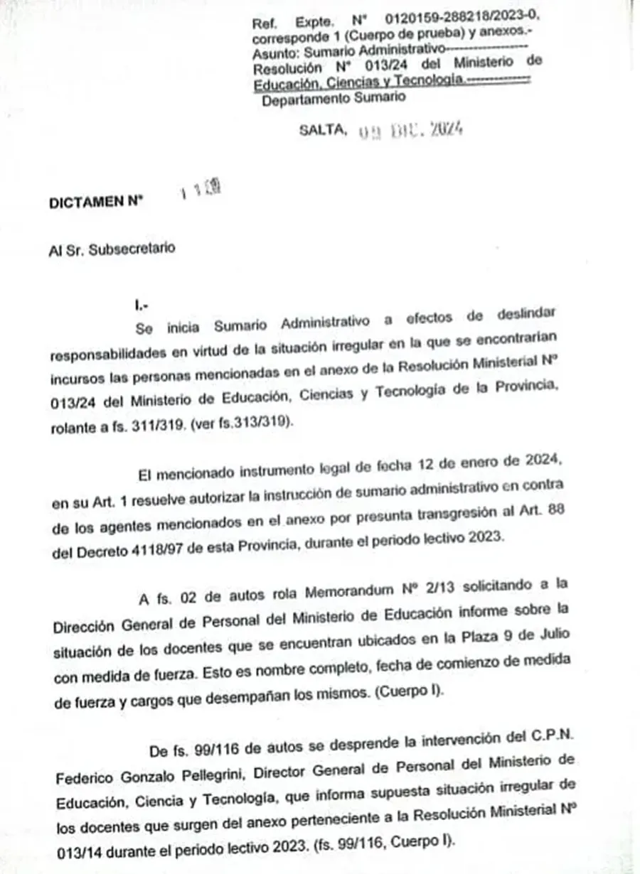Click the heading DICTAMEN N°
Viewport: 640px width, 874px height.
[96, 203]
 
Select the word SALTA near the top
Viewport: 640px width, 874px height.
[324, 129]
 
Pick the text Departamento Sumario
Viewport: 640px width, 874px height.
[334, 98]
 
